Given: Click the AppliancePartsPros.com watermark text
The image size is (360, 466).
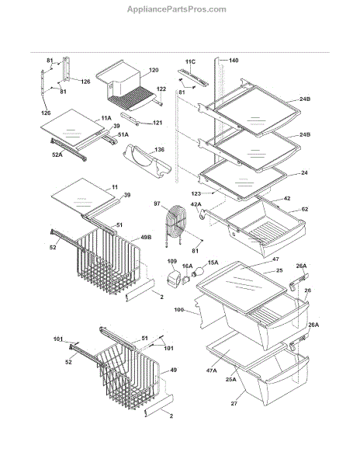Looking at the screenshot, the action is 177,9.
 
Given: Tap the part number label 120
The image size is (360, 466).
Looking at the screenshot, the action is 154,70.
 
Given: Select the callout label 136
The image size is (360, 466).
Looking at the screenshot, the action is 159,149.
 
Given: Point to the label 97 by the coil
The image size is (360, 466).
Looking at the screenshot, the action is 157,203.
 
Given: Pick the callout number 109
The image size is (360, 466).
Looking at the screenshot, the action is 172,261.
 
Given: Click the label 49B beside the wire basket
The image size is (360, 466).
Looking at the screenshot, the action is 146,238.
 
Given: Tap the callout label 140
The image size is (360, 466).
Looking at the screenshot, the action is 234,61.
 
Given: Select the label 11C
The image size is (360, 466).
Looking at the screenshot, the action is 190,62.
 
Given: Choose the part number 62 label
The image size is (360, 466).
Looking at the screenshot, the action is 305,209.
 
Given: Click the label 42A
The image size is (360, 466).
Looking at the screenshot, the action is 196,204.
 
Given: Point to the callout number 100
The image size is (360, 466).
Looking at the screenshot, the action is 178,310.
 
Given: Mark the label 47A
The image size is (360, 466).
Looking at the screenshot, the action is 211,370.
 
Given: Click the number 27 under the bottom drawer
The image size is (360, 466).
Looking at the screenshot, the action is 234,404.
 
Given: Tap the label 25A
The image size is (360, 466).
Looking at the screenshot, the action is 231,379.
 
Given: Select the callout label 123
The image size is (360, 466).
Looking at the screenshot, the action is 196,193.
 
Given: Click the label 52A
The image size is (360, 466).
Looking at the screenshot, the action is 57,155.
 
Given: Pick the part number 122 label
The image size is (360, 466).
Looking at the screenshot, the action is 161,89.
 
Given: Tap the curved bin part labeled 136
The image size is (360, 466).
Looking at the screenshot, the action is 147,161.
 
